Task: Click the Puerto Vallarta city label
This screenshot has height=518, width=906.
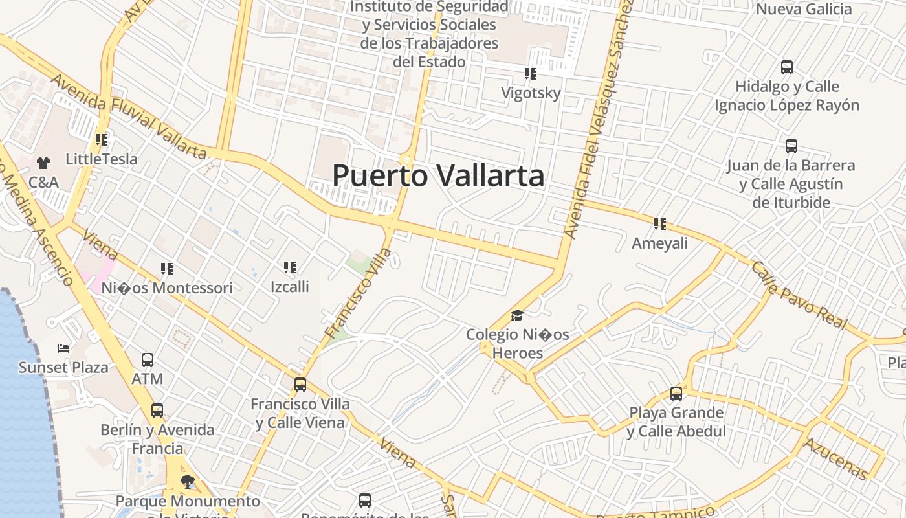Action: (x=438, y=175)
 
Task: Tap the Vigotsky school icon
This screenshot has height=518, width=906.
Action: (x=531, y=74)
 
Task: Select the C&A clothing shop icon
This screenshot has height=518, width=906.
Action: (x=43, y=163)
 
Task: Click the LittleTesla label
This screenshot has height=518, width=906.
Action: (x=102, y=159)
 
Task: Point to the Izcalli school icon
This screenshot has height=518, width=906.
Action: (x=290, y=267)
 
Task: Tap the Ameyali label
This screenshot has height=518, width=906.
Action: (x=659, y=243)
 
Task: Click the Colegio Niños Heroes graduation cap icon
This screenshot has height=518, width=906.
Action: (x=517, y=315)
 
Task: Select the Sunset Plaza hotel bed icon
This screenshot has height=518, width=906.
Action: (x=63, y=348)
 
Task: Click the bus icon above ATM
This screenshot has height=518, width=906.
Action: (x=148, y=359)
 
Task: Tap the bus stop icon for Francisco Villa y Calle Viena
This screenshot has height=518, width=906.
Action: (x=300, y=384)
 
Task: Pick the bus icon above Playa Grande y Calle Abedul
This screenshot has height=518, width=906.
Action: (x=676, y=393)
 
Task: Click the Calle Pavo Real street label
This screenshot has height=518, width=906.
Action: (x=799, y=295)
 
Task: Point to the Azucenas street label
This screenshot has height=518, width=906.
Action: (x=835, y=458)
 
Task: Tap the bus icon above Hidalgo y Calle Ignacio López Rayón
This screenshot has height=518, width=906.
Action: (x=787, y=67)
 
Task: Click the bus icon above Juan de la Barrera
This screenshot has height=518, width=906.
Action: (x=791, y=146)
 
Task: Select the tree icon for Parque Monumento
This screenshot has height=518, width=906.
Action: (x=188, y=481)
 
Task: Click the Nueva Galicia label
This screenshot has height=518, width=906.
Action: (x=804, y=9)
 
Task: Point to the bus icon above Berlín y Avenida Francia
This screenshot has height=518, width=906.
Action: (x=157, y=410)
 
